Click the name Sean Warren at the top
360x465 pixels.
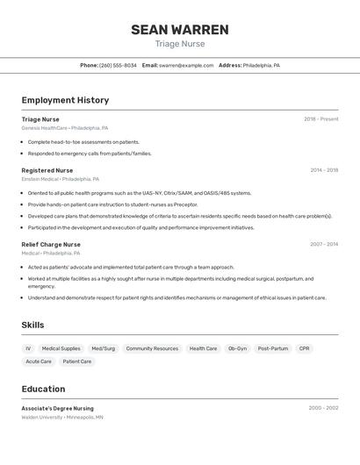pos(180,30)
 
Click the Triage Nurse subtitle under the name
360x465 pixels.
pos(180,44)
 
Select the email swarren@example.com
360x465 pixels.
pos(186,65)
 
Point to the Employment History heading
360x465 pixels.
pos(65,100)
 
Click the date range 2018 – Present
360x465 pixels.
pos(321,119)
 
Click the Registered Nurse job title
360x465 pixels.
pos(47,170)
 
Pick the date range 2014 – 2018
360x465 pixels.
pos(324,170)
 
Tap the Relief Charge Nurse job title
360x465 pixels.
pos(51,245)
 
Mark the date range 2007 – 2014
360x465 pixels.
pos(324,245)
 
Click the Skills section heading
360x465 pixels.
pos(32,325)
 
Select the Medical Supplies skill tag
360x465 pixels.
pos(61,348)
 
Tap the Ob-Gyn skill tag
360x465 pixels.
pos(238,348)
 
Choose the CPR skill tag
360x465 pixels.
pos(304,348)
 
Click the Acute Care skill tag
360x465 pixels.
pos(39,361)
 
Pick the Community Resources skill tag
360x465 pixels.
pos(152,348)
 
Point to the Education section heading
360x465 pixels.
pos(43,389)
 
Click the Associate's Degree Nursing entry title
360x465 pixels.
pos(58,408)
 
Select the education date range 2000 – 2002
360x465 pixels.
pos(324,408)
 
